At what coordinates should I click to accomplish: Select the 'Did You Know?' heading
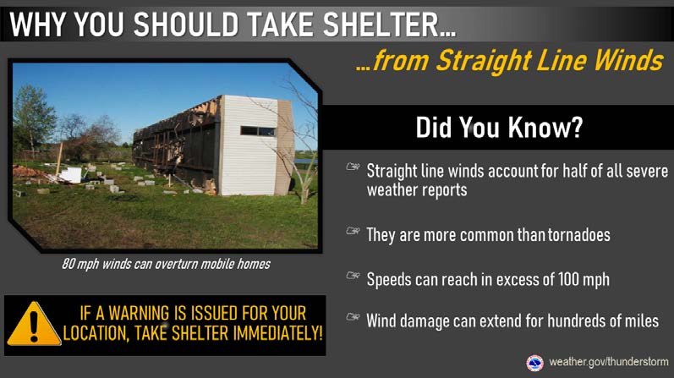[499, 128]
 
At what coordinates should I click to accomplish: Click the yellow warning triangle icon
[34, 324]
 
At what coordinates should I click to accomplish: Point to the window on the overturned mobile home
[257, 131]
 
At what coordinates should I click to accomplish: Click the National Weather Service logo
[534, 363]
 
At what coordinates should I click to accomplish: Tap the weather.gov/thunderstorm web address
[609, 362]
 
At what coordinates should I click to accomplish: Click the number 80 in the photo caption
[68, 263]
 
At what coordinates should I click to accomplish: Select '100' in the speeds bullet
[568, 280]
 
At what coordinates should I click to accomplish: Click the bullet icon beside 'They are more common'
[353, 231]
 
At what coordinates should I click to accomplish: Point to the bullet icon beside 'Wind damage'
[353, 317]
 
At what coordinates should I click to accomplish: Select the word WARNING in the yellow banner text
[139, 313]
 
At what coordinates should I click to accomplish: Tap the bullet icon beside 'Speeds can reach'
[353, 275]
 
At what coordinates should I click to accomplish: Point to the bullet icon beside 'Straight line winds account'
[353, 167]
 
